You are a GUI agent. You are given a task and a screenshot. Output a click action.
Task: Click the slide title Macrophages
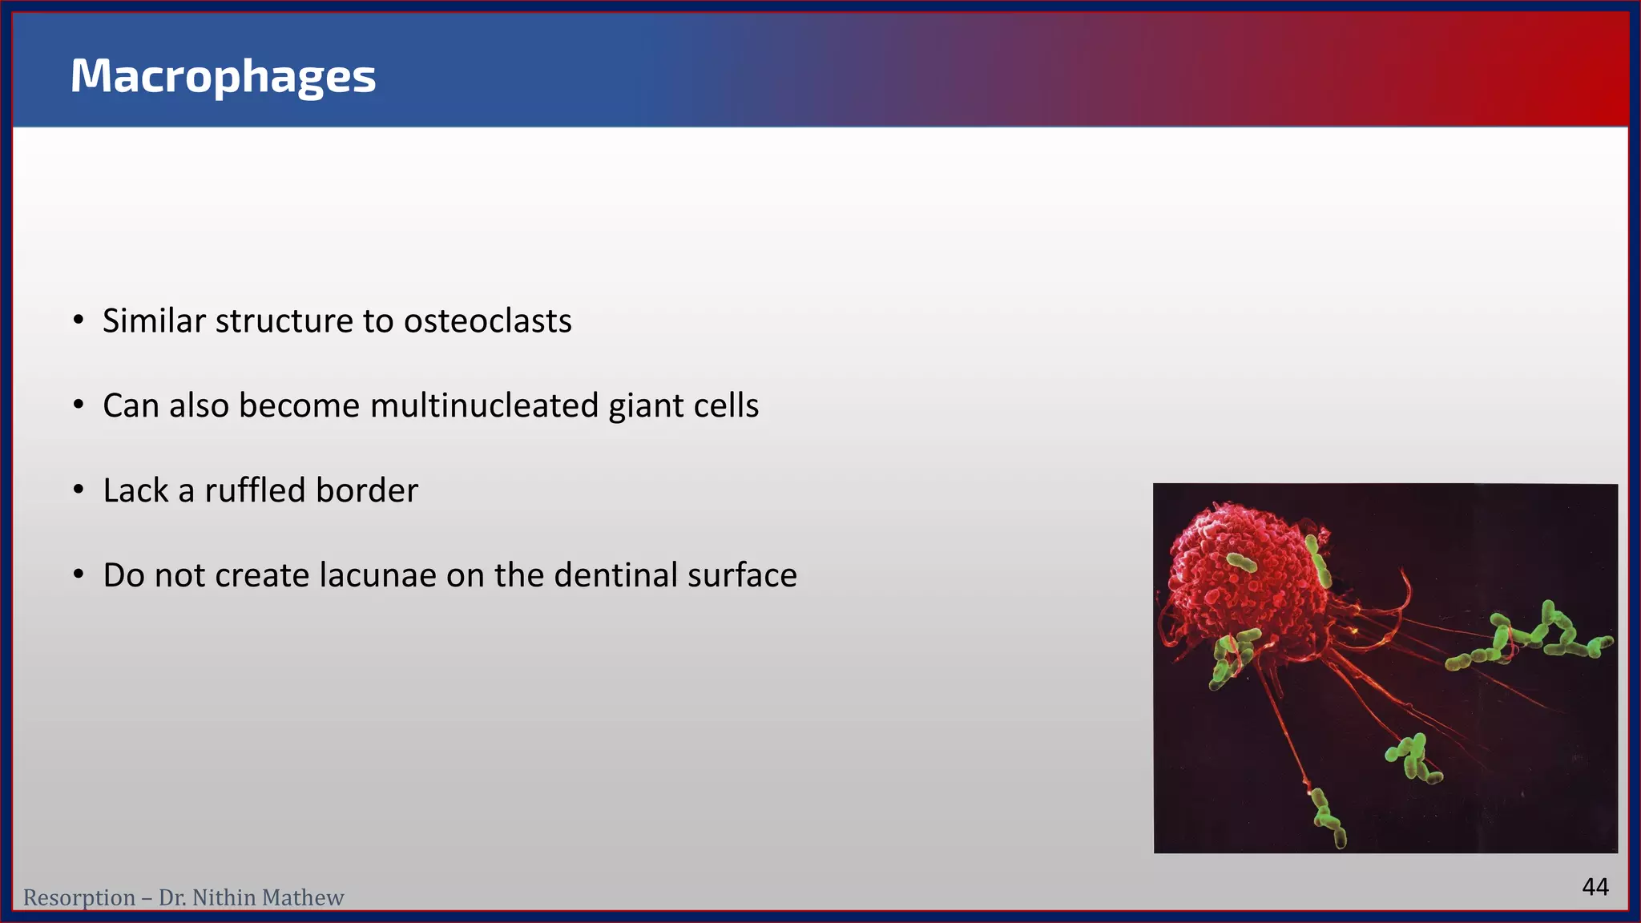223,77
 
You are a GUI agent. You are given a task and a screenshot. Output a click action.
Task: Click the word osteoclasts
487,321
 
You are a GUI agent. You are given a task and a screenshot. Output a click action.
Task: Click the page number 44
1595,887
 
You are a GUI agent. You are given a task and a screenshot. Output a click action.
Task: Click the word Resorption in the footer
79,898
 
